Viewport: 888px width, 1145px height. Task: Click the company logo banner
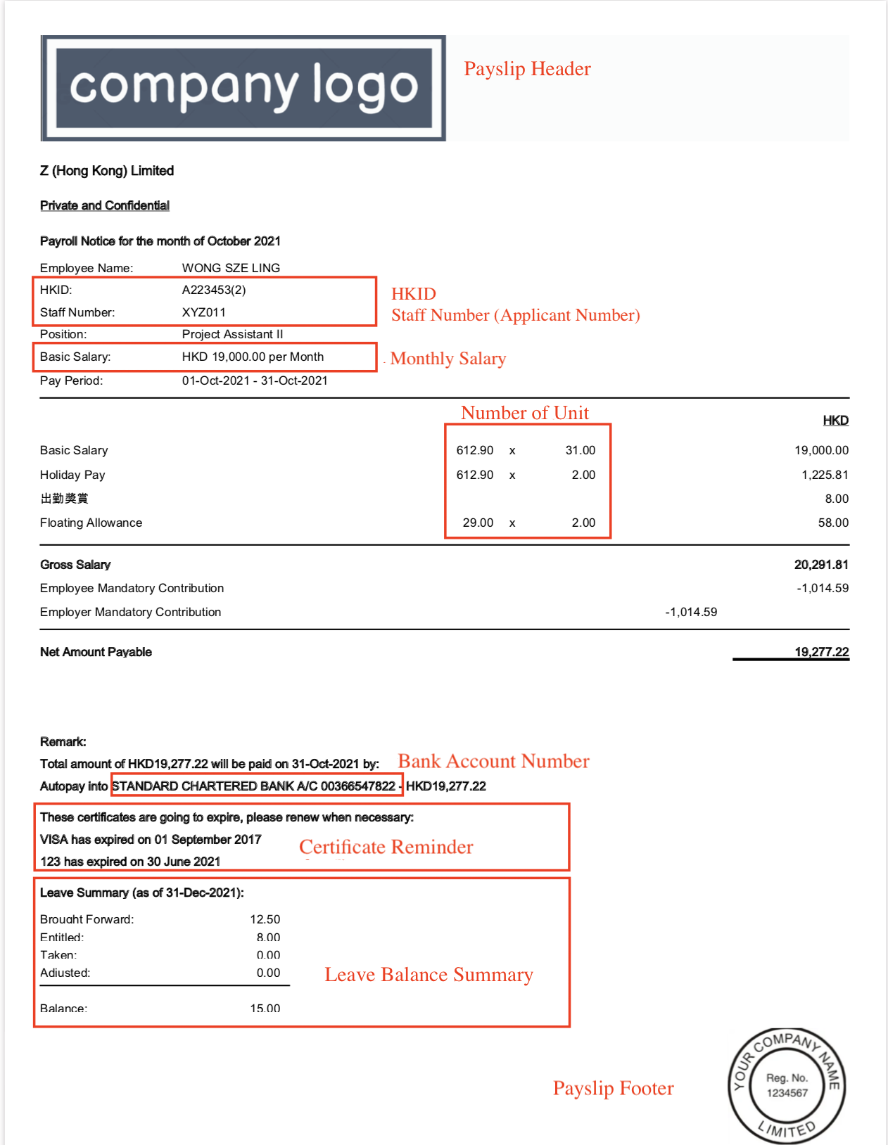click(x=243, y=88)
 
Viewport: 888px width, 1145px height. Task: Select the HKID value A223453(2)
click(x=214, y=290)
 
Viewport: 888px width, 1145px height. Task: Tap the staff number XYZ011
click(x=204, y=312)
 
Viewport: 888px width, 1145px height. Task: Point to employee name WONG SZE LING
click(x=231, y=268)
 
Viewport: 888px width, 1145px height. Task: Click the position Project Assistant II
click(x=232, y=334)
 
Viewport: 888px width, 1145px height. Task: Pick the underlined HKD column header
click(x=835, y=421)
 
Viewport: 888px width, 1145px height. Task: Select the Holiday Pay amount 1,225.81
click(x=825, y=475)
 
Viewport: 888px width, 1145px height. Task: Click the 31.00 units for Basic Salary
click(x=581, y=450)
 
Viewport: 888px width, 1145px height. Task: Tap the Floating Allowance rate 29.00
click(x=478, y=523)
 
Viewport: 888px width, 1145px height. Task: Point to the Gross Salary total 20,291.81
click(x=821, y=565)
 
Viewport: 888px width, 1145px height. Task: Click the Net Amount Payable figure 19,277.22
click(x=821, y=652)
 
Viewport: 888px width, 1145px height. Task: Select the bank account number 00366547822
click(x=358, y=786)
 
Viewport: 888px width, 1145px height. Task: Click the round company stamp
click(x=787, y=1086)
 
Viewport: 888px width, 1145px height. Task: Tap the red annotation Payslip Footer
click(x=613, y=1088)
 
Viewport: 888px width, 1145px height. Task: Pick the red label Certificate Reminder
click(x=386, y=847)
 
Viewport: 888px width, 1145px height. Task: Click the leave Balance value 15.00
click(x=265, y=1008)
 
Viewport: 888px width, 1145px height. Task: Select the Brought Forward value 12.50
click(x=265, y=919)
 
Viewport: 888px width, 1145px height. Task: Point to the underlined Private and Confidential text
click(x=105, y=205)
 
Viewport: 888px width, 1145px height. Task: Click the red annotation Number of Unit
click(x=525, y=413)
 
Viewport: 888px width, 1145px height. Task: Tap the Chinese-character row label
click(x=64, y=499)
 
